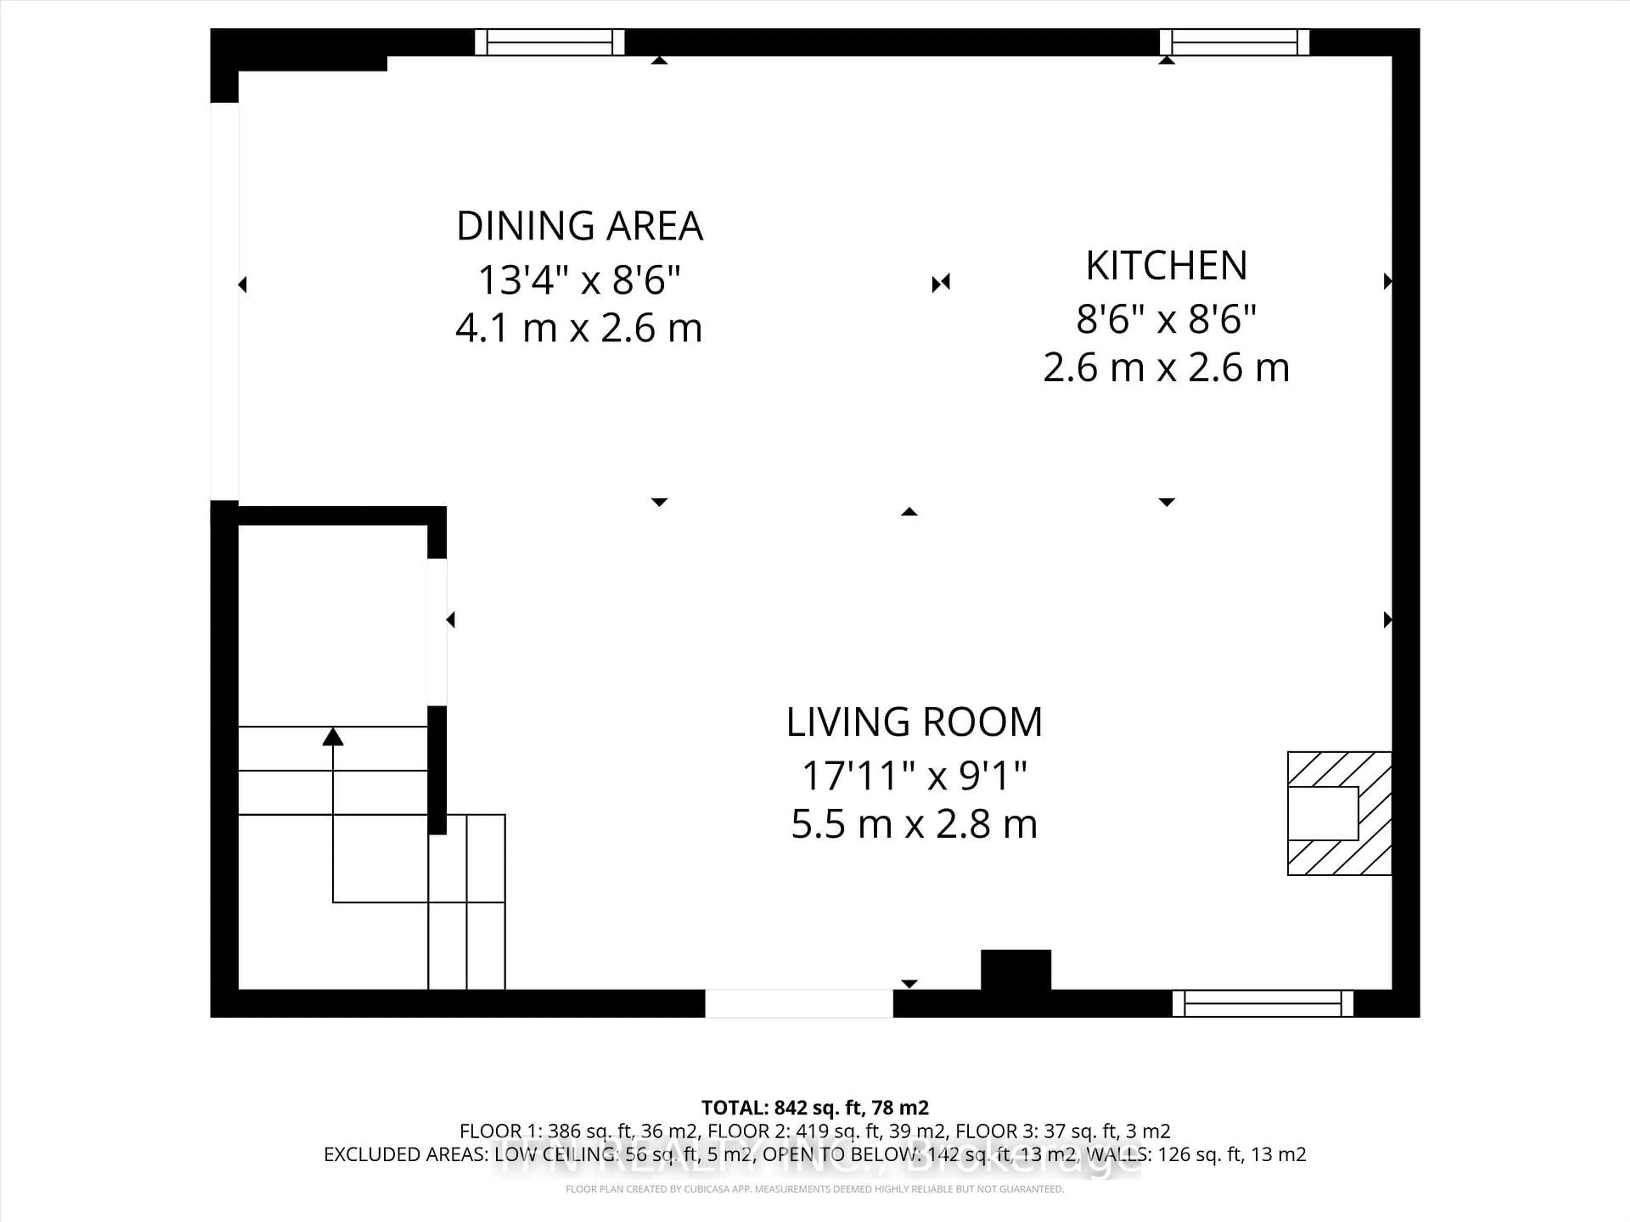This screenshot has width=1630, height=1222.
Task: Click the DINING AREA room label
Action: pos(579,226)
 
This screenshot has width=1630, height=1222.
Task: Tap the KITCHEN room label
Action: pos(1166,266)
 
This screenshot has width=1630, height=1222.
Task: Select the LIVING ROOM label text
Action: pos(914,722)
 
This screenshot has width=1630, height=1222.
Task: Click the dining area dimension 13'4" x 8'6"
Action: pos(579,280)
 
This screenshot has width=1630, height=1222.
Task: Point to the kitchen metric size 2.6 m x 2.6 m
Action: pos(1166,367)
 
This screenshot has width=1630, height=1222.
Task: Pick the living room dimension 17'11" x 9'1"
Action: pos(914,776)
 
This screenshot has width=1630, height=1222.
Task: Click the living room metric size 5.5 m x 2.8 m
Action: pos(914,824)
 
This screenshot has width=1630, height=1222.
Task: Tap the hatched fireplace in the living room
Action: pos(1338,813)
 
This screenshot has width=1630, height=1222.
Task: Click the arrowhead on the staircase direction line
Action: pos(333,736)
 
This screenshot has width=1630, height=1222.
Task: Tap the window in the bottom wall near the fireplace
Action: pos(1262,1003)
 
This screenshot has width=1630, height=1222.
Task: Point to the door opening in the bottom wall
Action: pos(799,1003)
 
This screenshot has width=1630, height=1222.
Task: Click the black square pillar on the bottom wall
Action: pos(1015,970)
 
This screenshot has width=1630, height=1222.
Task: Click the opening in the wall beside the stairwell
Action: pos(437,632)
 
